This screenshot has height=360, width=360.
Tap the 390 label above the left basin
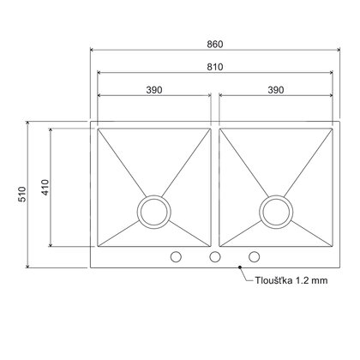155,88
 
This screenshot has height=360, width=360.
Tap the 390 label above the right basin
276,88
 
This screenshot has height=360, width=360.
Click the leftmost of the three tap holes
177,256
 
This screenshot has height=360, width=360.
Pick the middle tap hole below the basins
215,256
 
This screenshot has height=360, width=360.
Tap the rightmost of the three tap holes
255,256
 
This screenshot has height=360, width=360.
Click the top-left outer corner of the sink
91,123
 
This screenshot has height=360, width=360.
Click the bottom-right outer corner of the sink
340,267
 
